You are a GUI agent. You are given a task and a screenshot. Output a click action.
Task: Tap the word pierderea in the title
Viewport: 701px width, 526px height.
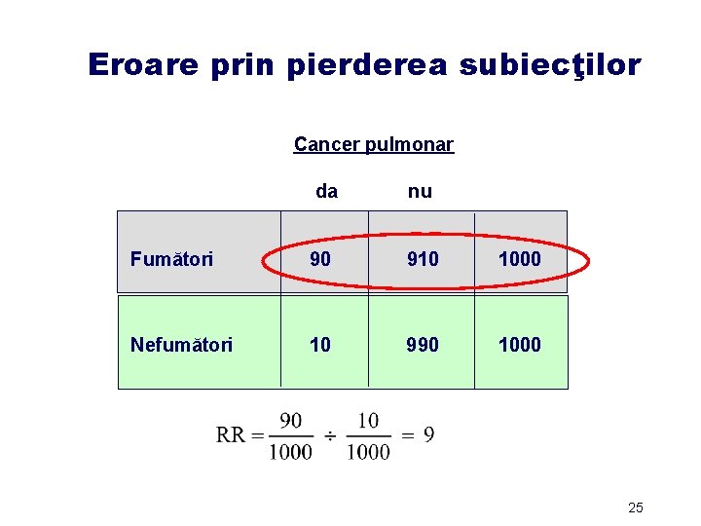point(368,64)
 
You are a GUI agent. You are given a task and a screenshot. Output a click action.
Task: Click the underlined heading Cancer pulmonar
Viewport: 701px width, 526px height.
point(374,145)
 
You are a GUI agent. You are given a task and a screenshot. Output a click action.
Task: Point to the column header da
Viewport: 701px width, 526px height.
point(327,192)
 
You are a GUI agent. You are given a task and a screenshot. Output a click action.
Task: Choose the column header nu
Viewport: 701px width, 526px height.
point(420,192)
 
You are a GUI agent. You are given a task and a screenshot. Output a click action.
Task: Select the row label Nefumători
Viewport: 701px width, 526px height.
point(181,344)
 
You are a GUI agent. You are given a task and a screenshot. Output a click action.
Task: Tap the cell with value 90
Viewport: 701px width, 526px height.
point(320,259)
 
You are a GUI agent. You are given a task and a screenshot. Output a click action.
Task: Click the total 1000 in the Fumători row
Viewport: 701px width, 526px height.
point(519,259)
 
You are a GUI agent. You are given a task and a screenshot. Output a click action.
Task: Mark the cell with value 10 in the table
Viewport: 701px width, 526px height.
point(320,344)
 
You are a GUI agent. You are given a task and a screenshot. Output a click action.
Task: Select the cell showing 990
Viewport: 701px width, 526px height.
point(423,344)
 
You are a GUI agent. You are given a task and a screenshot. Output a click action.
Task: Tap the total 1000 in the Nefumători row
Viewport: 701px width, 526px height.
point(519,344)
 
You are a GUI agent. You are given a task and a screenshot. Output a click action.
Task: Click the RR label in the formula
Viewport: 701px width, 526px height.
point(232,435)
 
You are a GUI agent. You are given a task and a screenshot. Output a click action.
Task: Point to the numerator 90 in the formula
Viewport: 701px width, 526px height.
point(290,420)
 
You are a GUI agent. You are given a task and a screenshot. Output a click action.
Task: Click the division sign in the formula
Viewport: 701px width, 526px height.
point(329,435)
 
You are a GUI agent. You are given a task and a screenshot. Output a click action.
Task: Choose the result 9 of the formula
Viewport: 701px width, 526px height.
point(428,434)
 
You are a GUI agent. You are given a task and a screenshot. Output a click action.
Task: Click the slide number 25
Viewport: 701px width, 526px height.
point(636,507)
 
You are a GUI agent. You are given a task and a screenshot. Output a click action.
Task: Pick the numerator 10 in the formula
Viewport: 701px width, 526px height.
point(368,420)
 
